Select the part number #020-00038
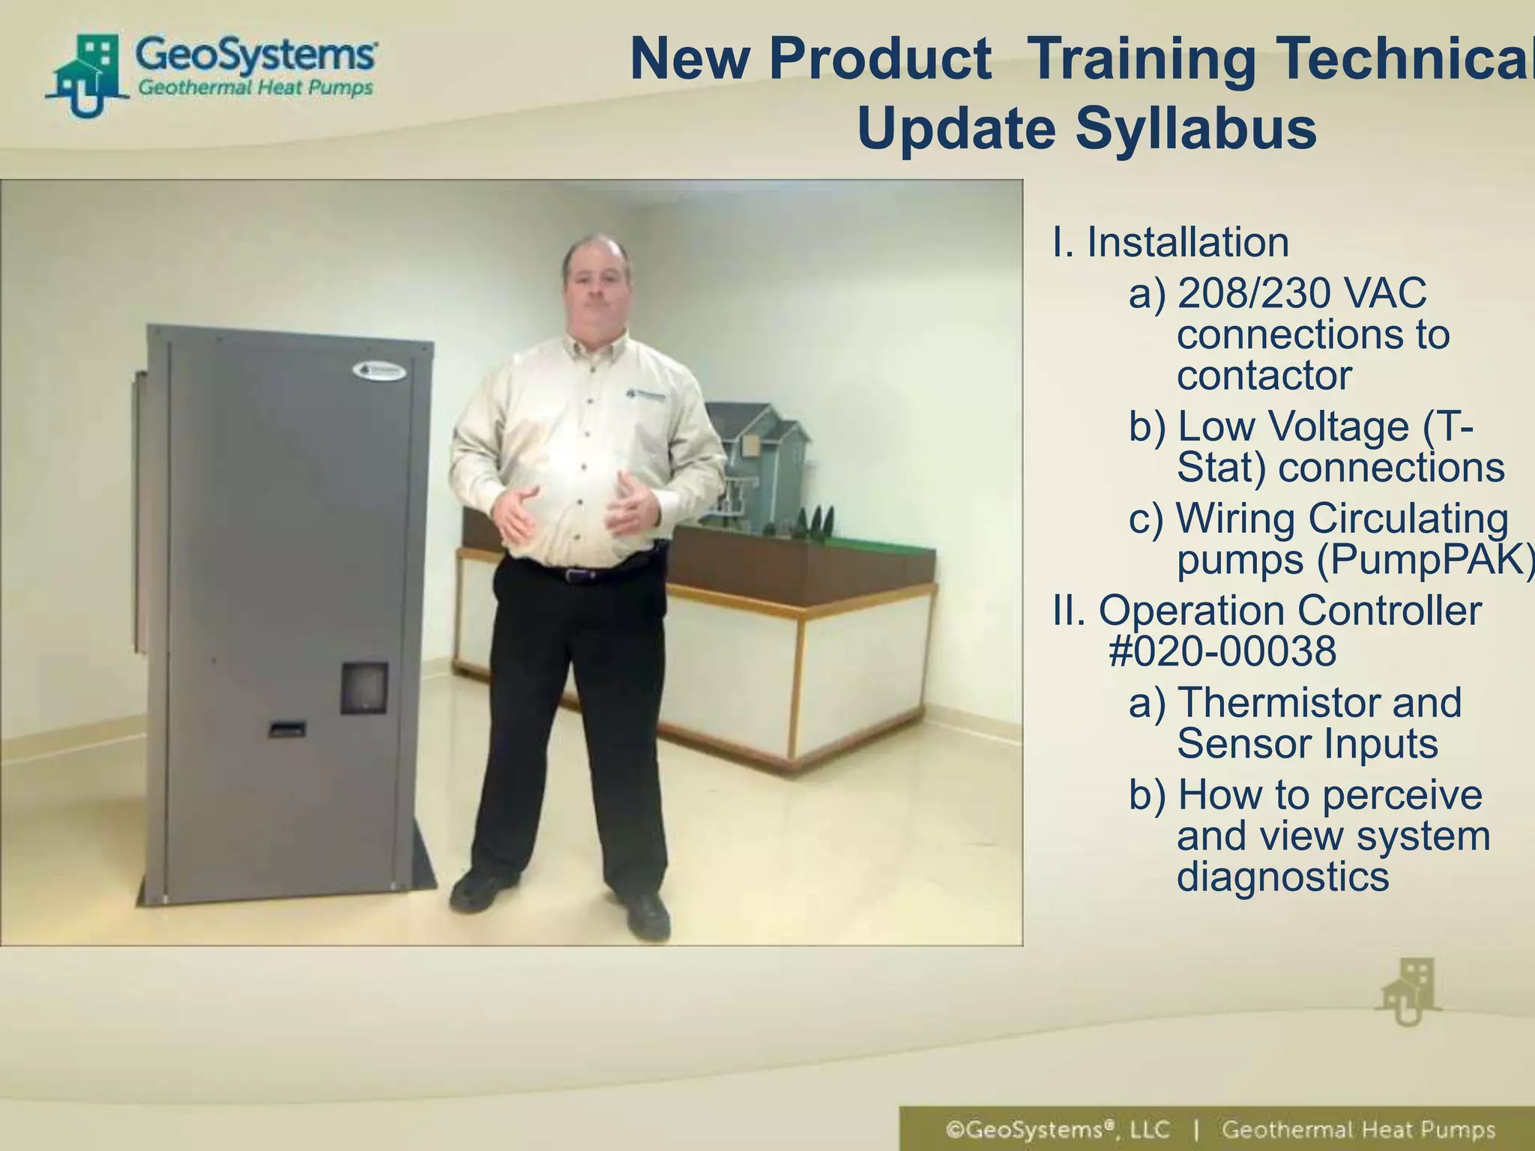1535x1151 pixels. tap(1222, 651)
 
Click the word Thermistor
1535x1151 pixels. tap(1282, 703)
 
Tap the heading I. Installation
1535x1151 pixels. tap(1170, 242)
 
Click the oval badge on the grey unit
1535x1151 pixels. tap(379, 371)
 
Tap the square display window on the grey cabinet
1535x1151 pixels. tap(365, 687)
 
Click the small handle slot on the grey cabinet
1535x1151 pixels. tap(288, 728)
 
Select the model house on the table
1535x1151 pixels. tap(757, 465)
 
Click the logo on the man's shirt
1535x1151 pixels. tap(645, 396)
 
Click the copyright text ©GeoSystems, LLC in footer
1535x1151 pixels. tap(1058, 1130)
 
